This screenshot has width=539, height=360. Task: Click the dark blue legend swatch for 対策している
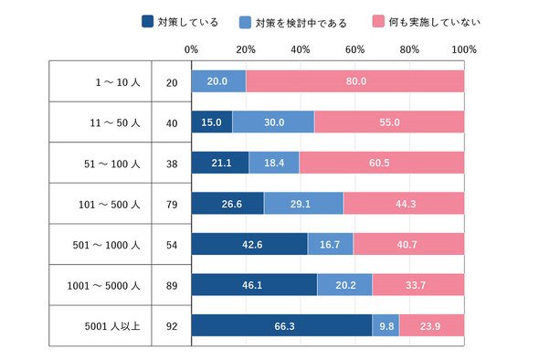[147, 21]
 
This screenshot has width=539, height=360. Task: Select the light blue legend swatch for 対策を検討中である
[245, 22]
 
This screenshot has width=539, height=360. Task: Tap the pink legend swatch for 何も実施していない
[378, 21]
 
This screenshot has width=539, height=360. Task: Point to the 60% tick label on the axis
[354, 49]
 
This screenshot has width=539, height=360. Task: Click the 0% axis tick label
[191, 49]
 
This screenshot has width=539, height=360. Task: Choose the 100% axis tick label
[464, 49]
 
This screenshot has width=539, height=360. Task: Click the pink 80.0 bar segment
[355, 81]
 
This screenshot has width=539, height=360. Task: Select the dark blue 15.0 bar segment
[212, 122]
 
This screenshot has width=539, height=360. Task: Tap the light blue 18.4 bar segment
[274, 163]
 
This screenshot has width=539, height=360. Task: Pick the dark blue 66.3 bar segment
[282, 325]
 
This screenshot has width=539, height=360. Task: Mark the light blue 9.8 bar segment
[386, 325]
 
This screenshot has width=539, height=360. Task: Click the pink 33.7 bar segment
[418, 285]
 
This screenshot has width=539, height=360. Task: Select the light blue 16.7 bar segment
[331, 244]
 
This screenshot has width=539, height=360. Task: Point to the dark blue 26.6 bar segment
[227, 203]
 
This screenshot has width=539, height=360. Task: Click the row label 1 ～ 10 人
[118, 82]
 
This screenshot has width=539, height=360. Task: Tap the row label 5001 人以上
[112, 326]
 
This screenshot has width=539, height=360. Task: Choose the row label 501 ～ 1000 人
[107, 245]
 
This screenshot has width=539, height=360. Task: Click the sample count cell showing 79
[172, 205]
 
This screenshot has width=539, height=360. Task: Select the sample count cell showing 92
[172, 326]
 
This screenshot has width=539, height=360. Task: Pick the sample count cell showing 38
[172, 164]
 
